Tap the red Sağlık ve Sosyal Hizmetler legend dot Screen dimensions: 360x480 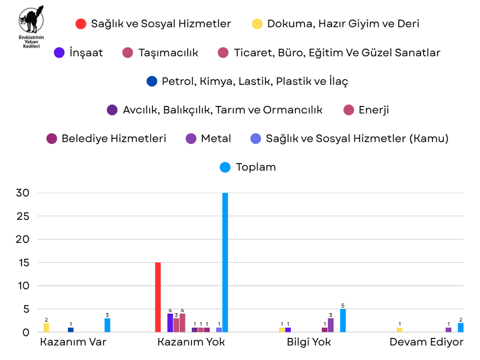81,24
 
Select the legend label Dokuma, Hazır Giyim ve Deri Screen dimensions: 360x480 343,24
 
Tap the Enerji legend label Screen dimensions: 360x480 373,110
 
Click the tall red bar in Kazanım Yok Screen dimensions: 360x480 158,297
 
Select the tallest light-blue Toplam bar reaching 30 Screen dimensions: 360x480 225,262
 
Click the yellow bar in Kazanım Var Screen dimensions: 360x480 46,327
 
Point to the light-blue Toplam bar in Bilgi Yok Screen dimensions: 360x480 343,320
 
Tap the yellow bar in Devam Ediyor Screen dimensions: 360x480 399,330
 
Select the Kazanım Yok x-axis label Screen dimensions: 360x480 191,342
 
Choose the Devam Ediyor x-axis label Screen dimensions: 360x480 426,342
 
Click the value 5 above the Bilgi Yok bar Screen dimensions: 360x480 343,305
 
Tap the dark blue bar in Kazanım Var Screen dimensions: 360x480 71,330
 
